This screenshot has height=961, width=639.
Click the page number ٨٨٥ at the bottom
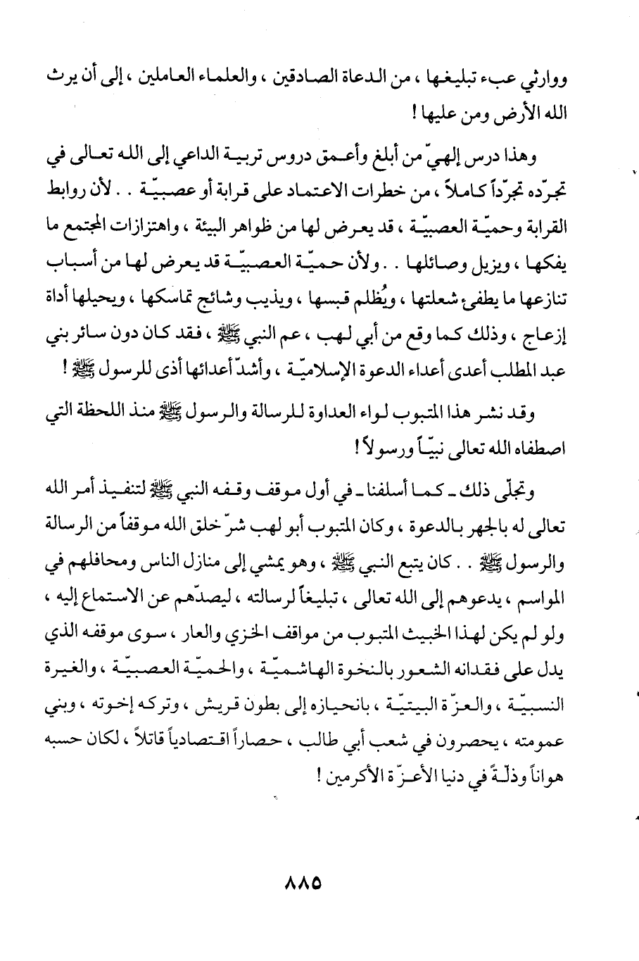point(302,881)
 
